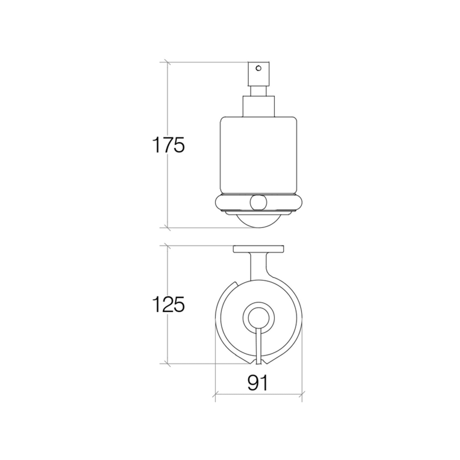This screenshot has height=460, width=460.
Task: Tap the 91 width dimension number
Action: point(258,383)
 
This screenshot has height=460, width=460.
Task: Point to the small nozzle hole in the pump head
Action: point(259,68)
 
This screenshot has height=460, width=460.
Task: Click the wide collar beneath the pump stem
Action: point(259,106)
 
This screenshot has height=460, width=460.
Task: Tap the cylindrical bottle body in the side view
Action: point(259,155)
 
